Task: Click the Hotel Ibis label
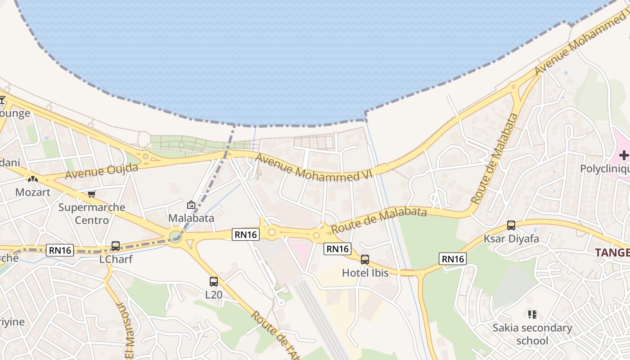pos(365,273)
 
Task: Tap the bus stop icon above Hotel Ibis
pos(365,260)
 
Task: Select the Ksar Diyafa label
pos(511,238)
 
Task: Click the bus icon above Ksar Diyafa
pos(511,225)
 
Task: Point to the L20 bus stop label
pos(214,295)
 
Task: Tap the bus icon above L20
pos(214,282)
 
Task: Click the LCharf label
pos(116,259)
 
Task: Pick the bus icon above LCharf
pos(116,246)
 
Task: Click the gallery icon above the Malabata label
pos(191,205)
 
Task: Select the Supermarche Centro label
pos(92,214)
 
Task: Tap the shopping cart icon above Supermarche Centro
pos(92,194)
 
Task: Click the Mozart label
pos(33,192)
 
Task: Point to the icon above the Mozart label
pos(33,179)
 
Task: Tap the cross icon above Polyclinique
pos(624,156)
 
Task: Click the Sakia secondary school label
pos(532,334)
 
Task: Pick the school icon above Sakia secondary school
pos(532,314)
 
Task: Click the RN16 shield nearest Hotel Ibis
pos(337,249)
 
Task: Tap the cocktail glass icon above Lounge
pos(2,99)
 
